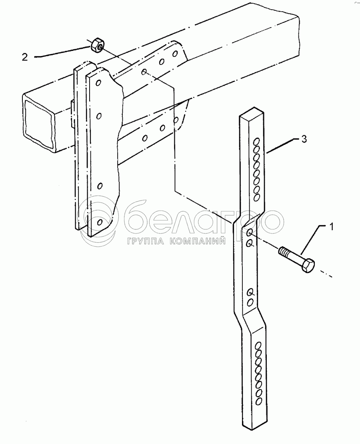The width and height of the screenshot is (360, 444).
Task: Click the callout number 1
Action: [331, 227]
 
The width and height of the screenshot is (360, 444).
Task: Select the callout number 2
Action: [25, 57]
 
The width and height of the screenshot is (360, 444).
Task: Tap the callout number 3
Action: [304, 139]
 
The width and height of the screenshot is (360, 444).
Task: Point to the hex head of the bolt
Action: [308, 265]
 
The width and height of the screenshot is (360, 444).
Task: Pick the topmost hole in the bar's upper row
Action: [256, 142]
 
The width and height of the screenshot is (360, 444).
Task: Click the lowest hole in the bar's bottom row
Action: [258, 401]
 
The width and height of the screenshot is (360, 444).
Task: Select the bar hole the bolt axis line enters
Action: [249, 233]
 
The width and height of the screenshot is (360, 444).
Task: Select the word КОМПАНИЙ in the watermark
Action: [196, 241]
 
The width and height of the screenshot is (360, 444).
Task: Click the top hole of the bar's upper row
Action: [256, 142]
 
